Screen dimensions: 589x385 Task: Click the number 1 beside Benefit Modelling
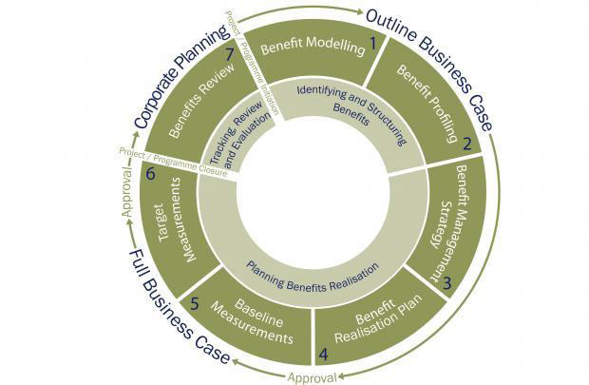(x=372, y=44)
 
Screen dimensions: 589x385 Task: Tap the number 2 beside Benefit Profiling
(x=466, y=144)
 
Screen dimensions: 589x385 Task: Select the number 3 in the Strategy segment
(x=446, y=283)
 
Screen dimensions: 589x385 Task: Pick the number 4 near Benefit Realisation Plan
(x=323, y=355)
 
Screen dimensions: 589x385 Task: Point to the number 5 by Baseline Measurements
(x=194, y=304)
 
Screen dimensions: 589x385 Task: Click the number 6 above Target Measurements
(x=150, y=173)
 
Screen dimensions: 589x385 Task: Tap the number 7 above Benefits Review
(x=230, y=55)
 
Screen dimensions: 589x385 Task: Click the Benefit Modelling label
(x=313, y=46)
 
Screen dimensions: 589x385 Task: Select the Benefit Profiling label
(x=427, y=104)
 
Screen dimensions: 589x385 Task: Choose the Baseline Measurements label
(x=252, y=322)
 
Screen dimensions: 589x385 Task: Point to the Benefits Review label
(x=201, y=100)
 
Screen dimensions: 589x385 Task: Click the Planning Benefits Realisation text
(x=313, y=279)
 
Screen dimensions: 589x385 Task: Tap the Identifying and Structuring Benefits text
(x=352, y=108)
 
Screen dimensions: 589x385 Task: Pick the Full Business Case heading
(x=179, y=306)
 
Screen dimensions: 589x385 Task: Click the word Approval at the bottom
(x=313, y=377)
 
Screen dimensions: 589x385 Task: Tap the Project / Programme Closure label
(x=173, y=162)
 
